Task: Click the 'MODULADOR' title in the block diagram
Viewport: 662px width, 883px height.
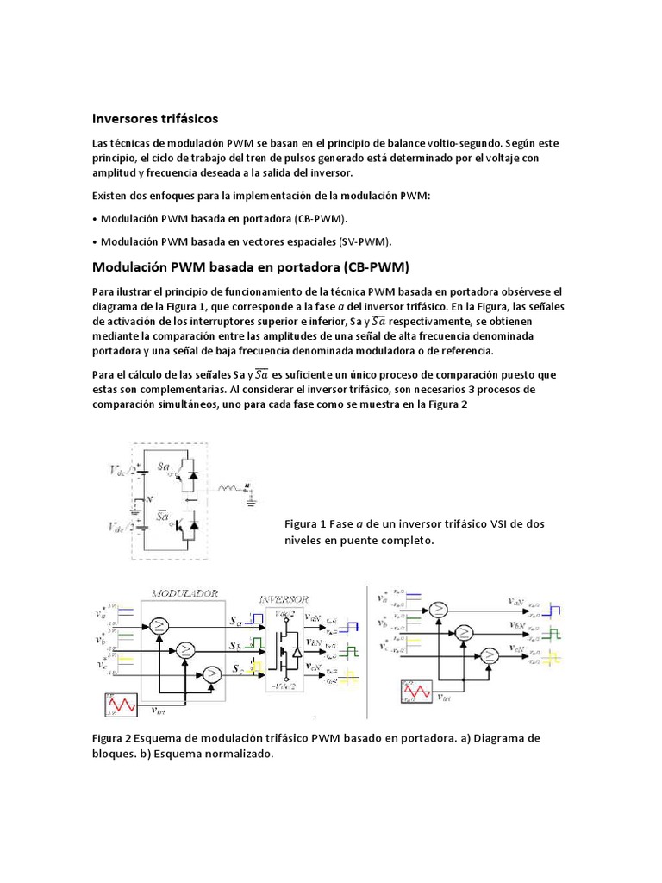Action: [x=184, y=593]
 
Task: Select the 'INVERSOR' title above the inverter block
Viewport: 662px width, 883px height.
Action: [x=284, y=598]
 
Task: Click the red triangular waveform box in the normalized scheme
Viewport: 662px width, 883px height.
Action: [x=418, y=692]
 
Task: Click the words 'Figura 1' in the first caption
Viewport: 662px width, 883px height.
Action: [x=304, y=524]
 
